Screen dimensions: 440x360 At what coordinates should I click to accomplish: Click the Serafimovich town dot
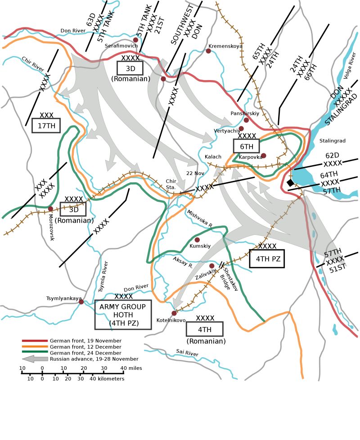pos(135,40)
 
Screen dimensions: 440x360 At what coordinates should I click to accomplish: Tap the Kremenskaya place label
pos(225,46)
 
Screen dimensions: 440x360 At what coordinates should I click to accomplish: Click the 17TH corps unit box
pos(46,126)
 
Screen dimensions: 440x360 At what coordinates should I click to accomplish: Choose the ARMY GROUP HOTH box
pos(123,314)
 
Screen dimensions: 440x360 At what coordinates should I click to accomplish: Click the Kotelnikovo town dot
pos(174,313)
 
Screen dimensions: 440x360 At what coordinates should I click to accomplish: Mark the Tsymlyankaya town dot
pos(81,302)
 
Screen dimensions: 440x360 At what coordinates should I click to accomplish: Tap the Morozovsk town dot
pos(50,209)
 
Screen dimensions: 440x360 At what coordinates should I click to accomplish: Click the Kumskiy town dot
pos(197,240)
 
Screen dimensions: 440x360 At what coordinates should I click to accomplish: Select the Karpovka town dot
pos(264,156)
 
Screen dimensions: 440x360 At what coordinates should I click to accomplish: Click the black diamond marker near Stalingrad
pos(290,182)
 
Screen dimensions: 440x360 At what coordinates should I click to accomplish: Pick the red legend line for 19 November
pos(35,341)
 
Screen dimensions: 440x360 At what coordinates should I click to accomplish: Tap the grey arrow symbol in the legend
pos(35,359)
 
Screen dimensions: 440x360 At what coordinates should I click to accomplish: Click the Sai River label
pos(187,354)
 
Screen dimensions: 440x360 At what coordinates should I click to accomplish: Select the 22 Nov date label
pos(195,173)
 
